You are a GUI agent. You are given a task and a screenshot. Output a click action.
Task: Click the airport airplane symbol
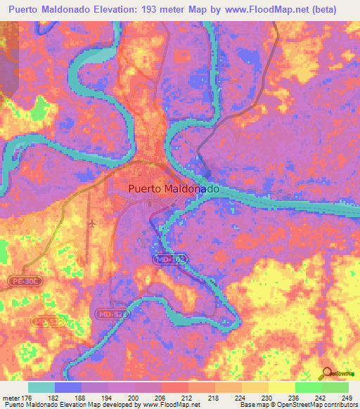93,223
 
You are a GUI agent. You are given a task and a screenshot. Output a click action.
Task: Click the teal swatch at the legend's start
41,387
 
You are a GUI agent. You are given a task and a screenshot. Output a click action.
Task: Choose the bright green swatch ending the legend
335,387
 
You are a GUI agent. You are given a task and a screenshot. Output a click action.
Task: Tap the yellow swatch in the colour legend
281,387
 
